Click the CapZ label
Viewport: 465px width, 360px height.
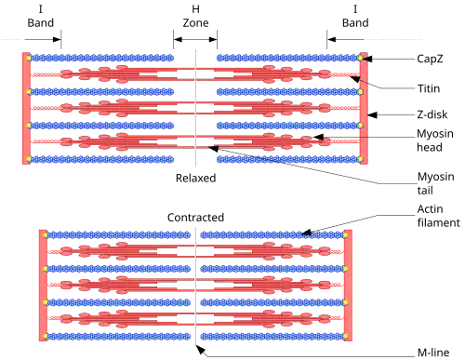click(430, 59)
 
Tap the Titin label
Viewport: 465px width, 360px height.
click(429, 88)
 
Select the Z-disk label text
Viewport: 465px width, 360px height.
click(432, 114)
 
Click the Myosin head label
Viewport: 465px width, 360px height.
click(435, 140)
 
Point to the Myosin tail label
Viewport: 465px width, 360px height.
click(435, 183)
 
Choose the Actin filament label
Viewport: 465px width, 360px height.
click(439, 216)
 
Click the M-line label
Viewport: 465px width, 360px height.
click(433, 353)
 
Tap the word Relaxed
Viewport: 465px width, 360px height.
click(195, 178)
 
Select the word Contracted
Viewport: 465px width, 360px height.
click(195, 218)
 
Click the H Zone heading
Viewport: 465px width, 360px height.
click(195, 16)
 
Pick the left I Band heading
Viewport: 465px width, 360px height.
click(41, 16)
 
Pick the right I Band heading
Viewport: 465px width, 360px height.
click(355, 16)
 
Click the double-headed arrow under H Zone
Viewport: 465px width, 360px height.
click(195, 39)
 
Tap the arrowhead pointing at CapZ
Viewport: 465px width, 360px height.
click(368, 59)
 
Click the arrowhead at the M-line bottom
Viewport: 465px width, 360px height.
click(201, 350)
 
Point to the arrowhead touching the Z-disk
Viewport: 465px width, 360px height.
click(372, 115)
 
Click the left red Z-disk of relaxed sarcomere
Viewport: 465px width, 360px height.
click(26, 108)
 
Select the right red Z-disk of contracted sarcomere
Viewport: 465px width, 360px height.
click(348, 286)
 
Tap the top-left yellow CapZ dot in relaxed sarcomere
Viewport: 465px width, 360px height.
click(28, 58)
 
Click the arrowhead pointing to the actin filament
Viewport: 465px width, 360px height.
click(306, 233)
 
